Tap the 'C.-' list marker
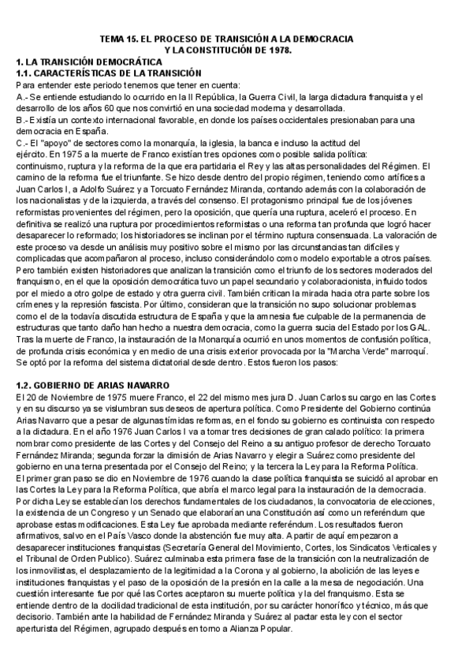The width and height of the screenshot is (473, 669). coord(22,143)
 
